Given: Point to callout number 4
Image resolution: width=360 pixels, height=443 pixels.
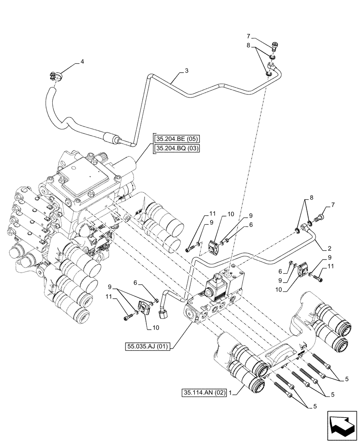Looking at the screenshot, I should [82, 63].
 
